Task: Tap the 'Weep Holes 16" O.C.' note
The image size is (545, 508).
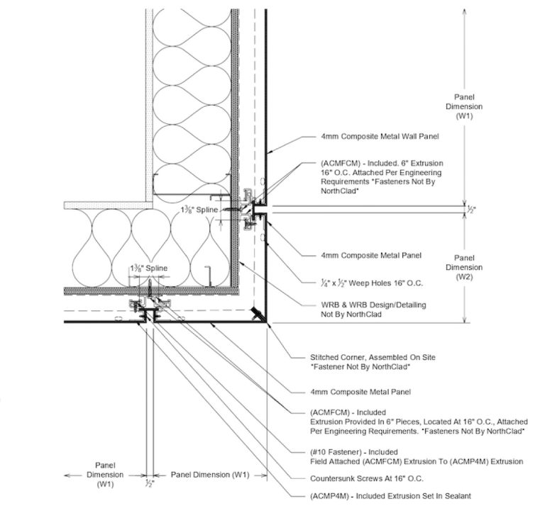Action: [362, 283]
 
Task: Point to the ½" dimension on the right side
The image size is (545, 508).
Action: [472, 210]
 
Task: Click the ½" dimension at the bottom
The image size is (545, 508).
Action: [148, 483]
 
